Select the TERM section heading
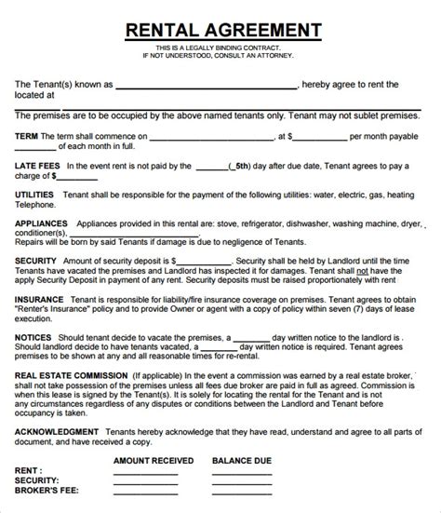click(x=29, y=136)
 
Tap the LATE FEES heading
click(x=39, y=168)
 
